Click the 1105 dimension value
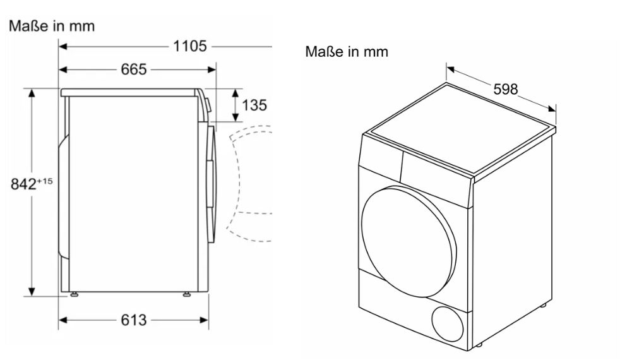[190, 46]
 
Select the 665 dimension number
[133, 69]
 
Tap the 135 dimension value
[254, 105]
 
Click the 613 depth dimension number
[133, 320]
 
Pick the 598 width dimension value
[505, 89]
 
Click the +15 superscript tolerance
[44, 181]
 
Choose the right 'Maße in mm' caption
[347, 51]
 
